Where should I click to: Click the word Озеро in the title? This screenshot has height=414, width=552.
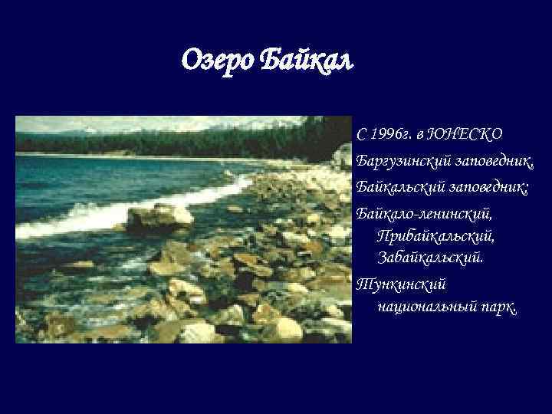[219, 58]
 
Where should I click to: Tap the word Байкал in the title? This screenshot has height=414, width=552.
[307, 58]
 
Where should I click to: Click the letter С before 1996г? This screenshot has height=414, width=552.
[362, 134]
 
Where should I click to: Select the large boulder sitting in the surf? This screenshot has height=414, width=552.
[159, 218]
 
